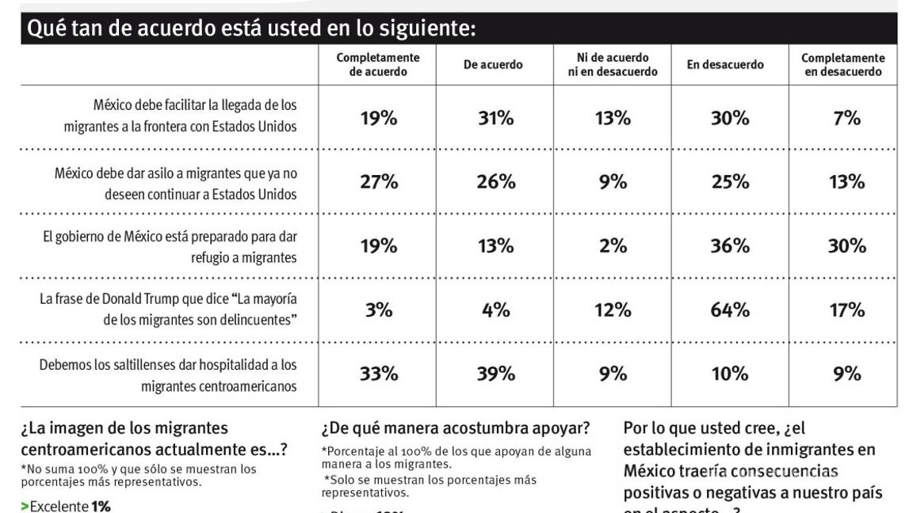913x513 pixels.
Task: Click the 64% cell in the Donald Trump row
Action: pos(729,310)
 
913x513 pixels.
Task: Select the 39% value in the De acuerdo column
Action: pos(495,374)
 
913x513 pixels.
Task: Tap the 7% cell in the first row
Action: pos(846,119)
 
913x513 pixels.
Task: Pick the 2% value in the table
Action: pos(613,245)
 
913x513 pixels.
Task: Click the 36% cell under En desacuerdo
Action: pos(729,245)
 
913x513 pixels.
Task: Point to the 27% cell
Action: pos(379,182)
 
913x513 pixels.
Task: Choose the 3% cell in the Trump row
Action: pos(379,310)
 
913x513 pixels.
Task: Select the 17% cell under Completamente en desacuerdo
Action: pos(846,310)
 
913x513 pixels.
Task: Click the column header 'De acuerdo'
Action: pos(493,65)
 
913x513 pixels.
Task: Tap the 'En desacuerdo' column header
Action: pos(725,65)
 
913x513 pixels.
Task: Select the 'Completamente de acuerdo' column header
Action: pos(378,65)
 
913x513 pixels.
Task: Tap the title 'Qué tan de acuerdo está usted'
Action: pos(252,29)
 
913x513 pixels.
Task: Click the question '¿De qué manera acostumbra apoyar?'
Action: pos(456,429)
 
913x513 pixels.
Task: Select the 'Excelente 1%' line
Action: pos(66,506)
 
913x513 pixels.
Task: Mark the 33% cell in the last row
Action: pos(379,374)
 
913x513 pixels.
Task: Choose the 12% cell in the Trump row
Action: pos(613,310)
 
